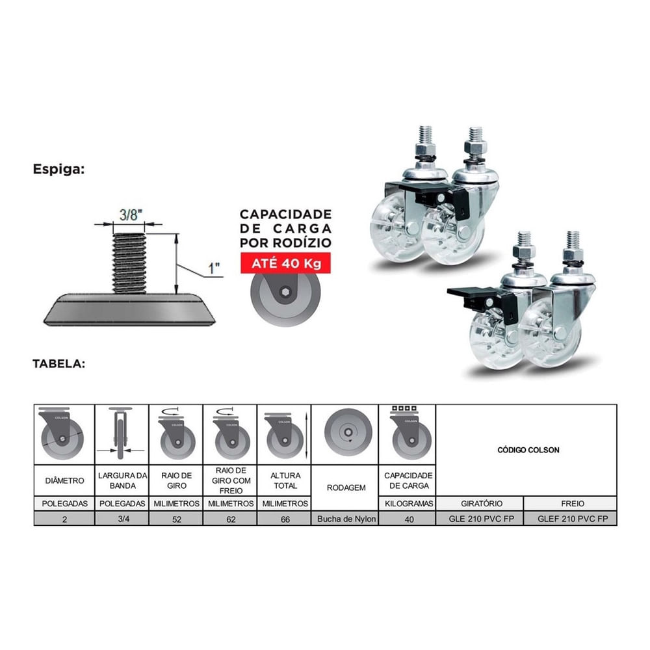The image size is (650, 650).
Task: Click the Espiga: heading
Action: [58, 170]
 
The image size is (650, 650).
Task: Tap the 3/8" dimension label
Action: [131, 214]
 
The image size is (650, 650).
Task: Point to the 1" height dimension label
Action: [214, 268]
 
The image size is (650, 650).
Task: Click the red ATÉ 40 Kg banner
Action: [285, 263]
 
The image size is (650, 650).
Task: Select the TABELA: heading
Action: [59, 363]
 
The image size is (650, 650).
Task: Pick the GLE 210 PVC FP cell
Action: [481, 519]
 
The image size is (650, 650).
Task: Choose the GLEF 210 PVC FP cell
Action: [573, 519]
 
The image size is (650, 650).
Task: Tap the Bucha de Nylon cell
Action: [346, 519]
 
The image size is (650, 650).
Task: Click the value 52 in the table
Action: [177, 519]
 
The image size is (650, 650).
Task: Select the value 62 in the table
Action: [231, 519]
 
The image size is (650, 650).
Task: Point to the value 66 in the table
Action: [285, 519]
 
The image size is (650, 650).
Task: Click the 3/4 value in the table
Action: [123, 519]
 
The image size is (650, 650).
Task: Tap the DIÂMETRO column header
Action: [64, 480]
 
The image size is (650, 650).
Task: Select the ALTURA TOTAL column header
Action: [285, 480]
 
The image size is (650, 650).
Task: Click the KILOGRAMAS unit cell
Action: [409, 504]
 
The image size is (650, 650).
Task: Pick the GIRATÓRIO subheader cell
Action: [482, 504]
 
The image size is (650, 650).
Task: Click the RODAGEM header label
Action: [346, 488]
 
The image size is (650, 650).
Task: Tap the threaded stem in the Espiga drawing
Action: [129, 263]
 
